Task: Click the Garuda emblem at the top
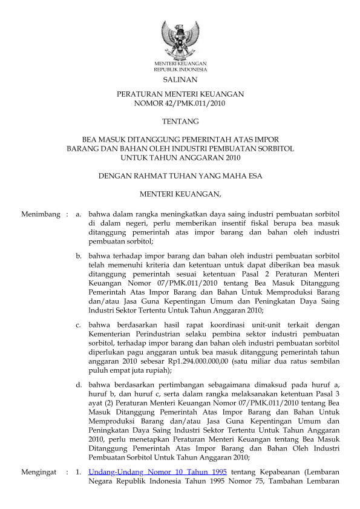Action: (180, 39)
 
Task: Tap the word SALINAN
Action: (180, 79)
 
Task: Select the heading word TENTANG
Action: (180, 122)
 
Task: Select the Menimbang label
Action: (41, 214)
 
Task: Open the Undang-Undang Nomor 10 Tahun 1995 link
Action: (158, 471)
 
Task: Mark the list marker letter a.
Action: (78, 214)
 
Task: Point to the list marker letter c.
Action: (78, 325)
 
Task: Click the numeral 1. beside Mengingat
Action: (78, 471)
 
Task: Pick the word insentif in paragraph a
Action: (222, 223)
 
